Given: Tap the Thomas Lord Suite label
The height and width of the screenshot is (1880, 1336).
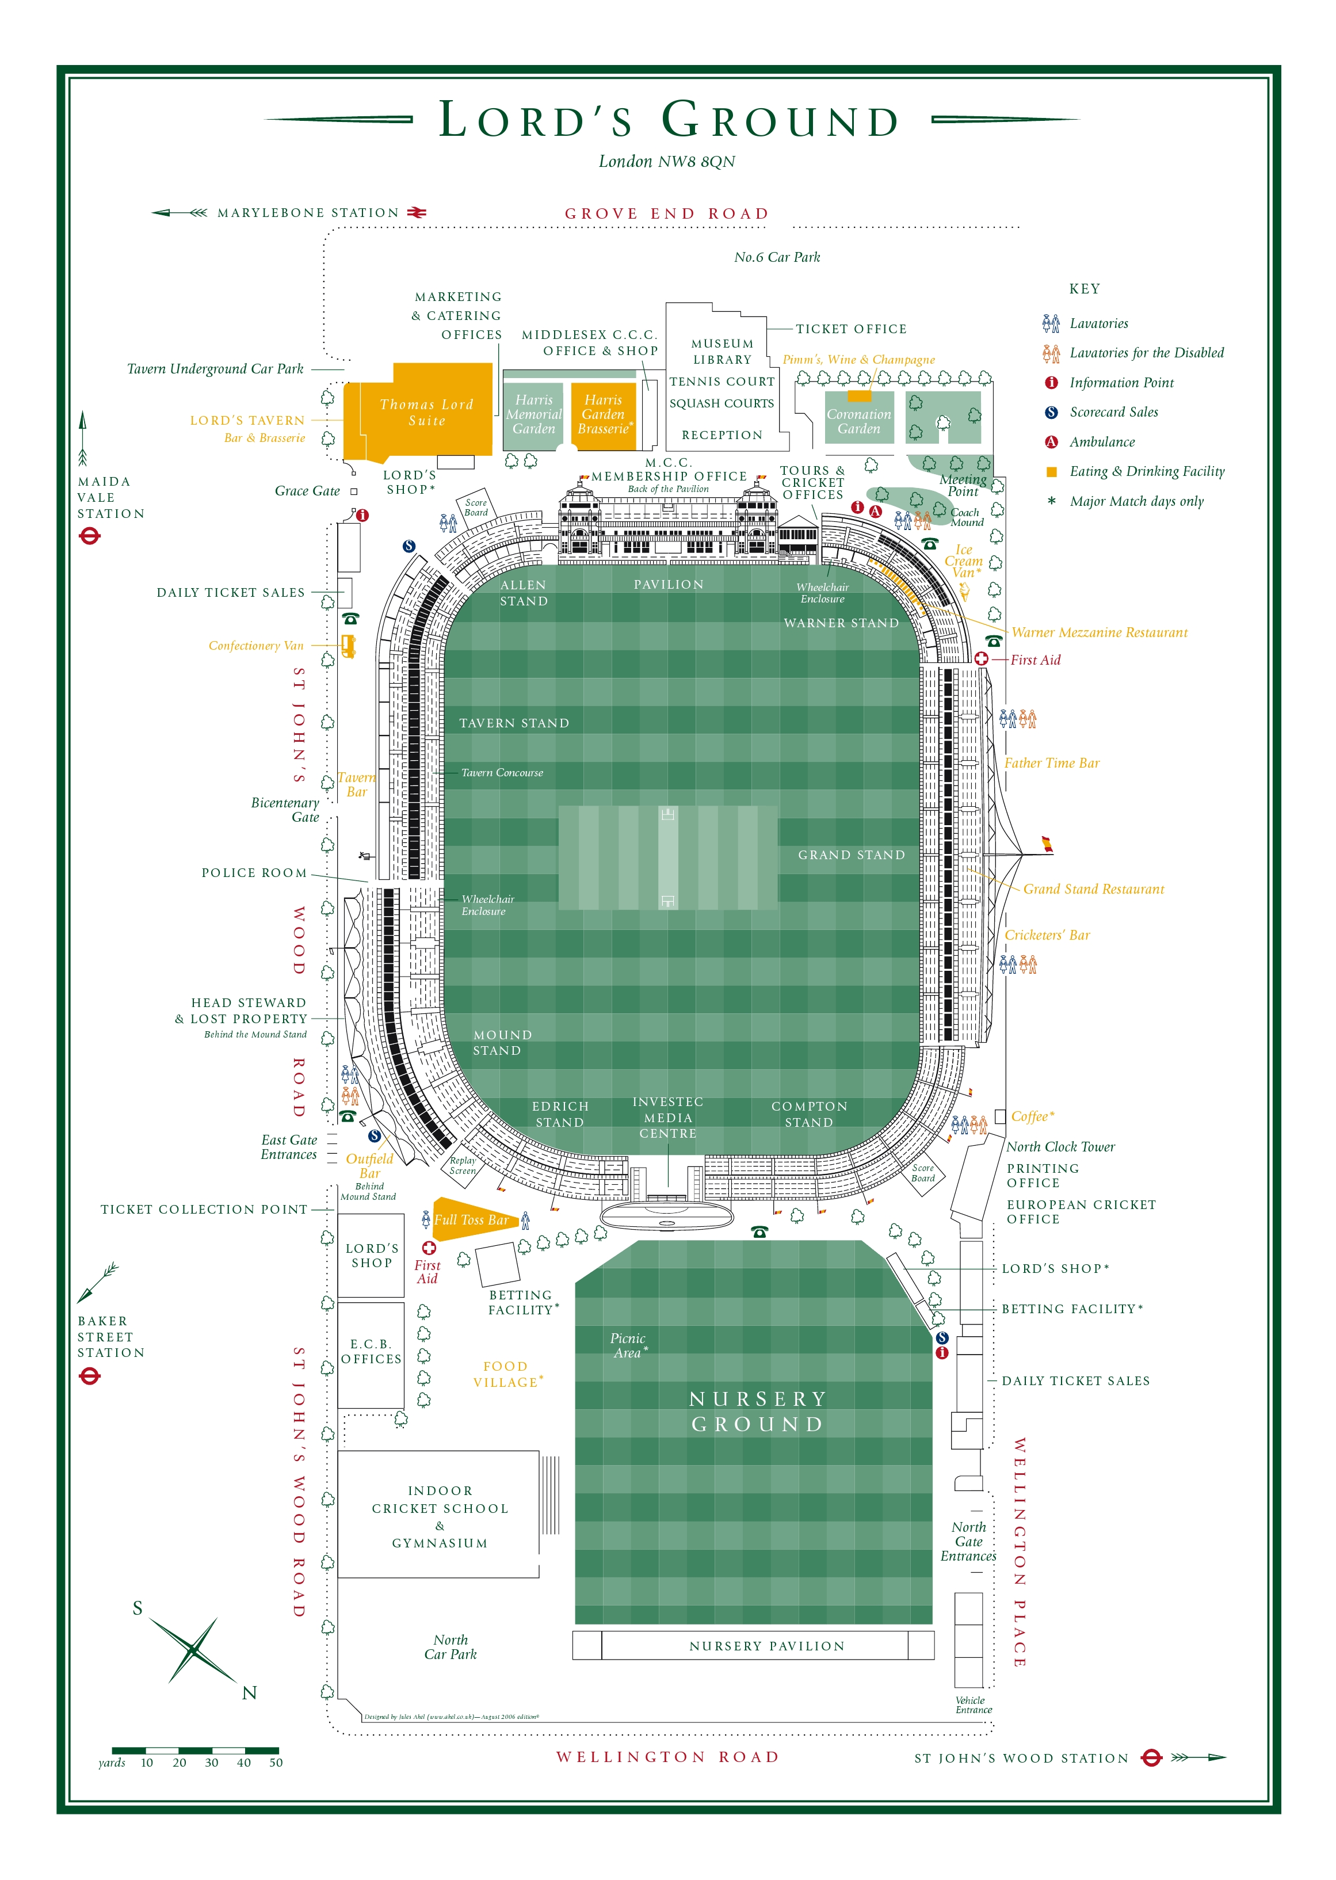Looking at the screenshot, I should point(426,412).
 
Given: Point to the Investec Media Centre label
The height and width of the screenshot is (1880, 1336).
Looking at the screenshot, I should point(668,1118).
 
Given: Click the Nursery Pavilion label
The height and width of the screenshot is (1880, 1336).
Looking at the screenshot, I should point(767,1646).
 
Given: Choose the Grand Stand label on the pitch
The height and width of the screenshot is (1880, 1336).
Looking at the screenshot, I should point(850,855).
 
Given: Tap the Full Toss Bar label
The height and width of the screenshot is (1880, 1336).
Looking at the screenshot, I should point(471,1219).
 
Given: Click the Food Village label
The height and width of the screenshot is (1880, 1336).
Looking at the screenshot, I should point(506,1374).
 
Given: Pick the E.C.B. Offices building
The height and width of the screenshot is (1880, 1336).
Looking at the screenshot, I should point(371,1351).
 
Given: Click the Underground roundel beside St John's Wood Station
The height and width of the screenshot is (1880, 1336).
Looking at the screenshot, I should point(1151,1757).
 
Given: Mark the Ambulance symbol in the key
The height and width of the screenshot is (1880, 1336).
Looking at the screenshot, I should point(1051,442).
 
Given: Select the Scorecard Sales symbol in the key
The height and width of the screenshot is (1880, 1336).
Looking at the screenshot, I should point(1051,412).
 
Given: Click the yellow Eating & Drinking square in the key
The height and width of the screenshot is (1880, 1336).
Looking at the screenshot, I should point(1051,471).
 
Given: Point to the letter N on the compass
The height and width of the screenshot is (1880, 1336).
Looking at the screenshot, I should point(249,1692).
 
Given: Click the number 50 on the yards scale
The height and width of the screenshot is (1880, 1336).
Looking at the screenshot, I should point(276,1763).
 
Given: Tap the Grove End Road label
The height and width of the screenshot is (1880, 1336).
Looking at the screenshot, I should point(666,214).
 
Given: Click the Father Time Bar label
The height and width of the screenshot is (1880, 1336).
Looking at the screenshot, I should point(1051,762).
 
